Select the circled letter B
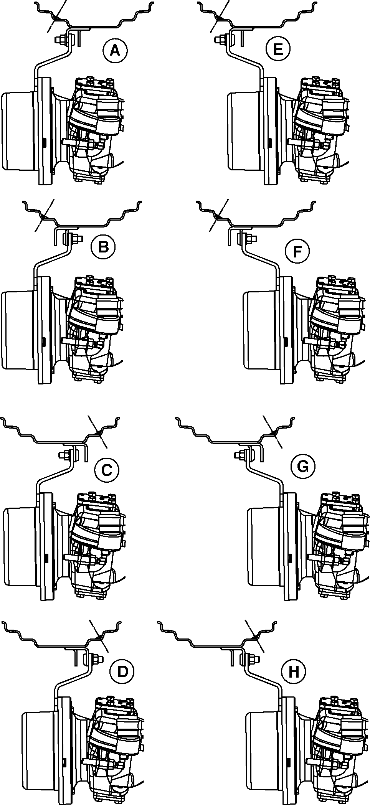pos(103,247)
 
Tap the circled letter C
pos(106,469)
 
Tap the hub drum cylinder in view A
pos(19,131)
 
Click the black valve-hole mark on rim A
pos(56,17)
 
